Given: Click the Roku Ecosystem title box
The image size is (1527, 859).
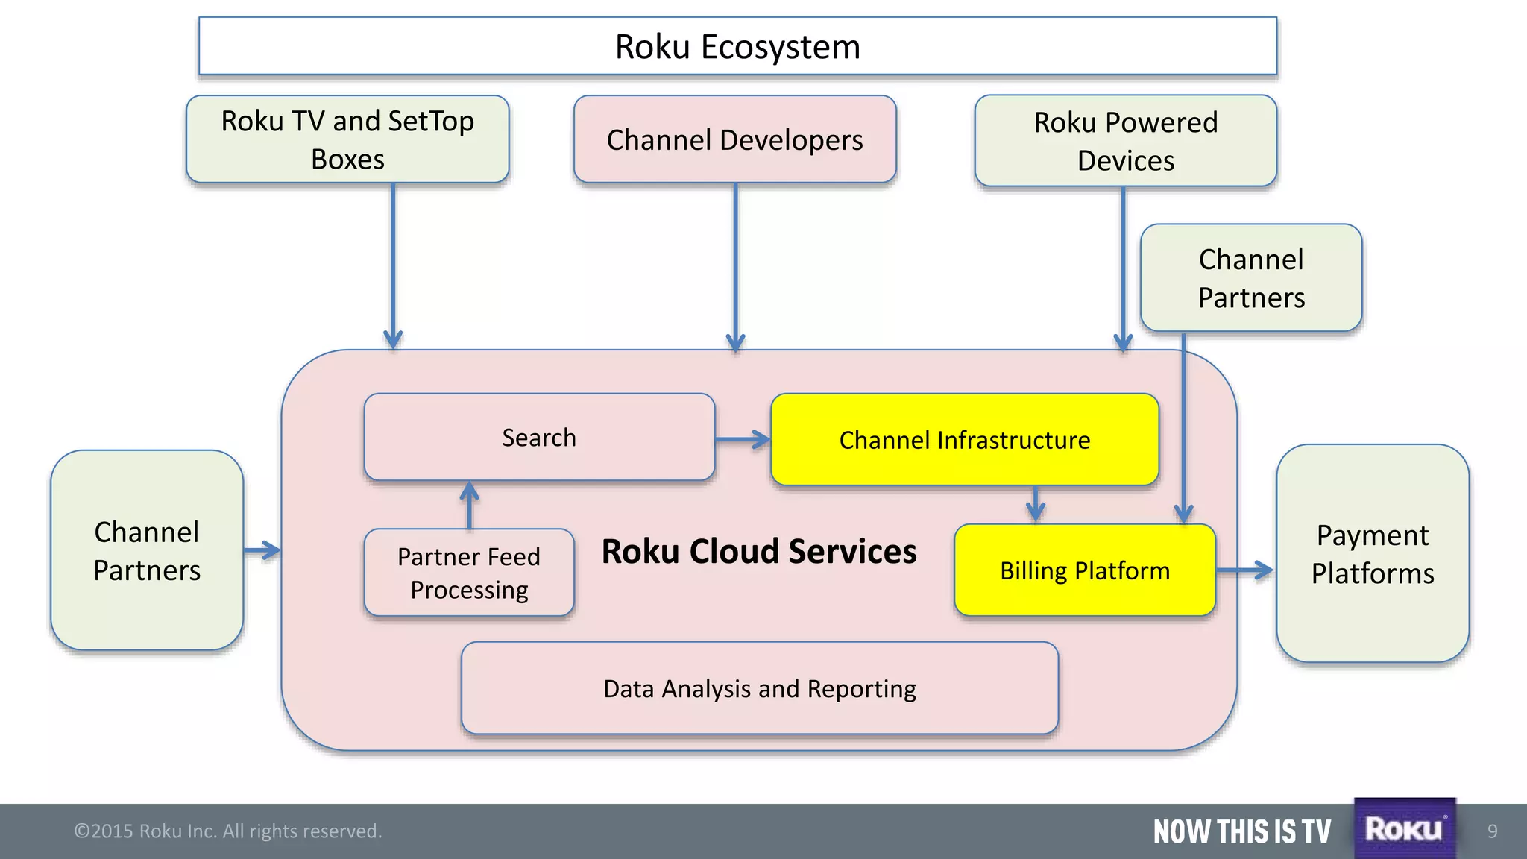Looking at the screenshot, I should coord(737,46).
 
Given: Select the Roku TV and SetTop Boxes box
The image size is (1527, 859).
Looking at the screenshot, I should coord(347,139).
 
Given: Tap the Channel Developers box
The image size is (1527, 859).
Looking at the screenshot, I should coord(734,139).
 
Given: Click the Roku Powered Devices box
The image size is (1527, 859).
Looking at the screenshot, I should coord(1125,141).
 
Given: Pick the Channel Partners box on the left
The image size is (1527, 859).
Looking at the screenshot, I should coord(147,550).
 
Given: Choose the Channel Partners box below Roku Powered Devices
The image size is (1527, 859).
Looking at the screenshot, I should coord(1250,277).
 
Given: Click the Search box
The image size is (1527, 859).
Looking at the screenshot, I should coord(539,437).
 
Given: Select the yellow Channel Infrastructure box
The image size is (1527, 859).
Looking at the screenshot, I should coord(964,440).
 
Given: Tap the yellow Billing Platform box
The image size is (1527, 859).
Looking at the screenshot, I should coord(1084,570).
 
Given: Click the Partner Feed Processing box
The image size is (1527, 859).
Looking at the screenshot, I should coord(469,573).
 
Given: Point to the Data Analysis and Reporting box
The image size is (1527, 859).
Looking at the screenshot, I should coord(759,688).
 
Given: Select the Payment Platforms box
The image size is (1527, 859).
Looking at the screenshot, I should coord(1372,553).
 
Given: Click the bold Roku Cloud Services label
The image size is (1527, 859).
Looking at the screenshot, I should coord(758,552).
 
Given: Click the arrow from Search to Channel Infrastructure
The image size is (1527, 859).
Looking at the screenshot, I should coord(743,440).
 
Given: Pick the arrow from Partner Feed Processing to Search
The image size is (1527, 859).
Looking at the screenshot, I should coord(469,506).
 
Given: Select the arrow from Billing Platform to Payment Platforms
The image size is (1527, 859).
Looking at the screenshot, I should coord(1244,570).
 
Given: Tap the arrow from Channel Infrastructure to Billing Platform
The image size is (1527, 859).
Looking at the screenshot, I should coord(1035,505).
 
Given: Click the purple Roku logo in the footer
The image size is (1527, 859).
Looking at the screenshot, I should coord(1404,828).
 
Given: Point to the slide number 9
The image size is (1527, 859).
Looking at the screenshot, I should coord(1492,831).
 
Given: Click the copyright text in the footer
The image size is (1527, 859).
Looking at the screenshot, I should coord(227,831).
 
